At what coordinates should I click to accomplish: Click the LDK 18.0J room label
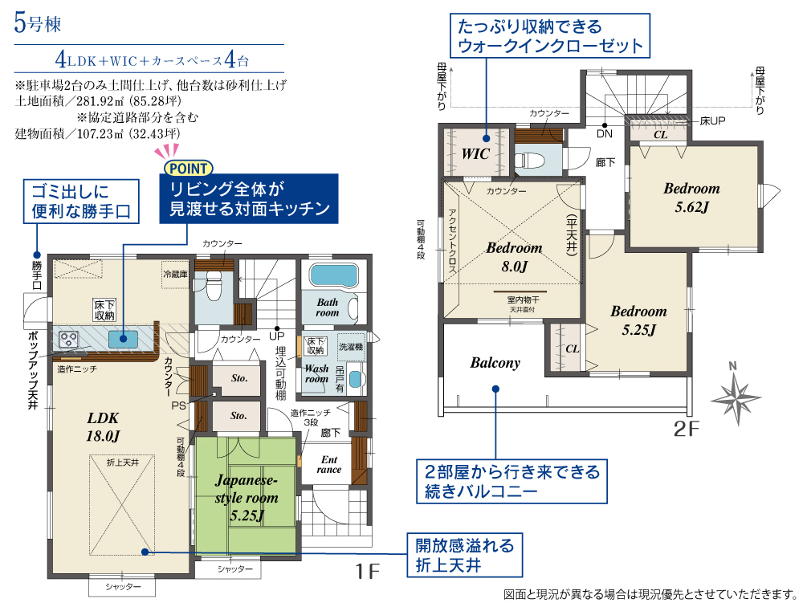103,426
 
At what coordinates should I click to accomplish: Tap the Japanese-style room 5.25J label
247,497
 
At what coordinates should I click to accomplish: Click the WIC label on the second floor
475,153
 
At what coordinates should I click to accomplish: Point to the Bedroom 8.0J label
514,257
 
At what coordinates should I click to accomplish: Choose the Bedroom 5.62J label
691,197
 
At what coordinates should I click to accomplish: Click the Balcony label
495,363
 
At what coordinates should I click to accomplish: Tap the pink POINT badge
189,168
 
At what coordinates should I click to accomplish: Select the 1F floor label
367,571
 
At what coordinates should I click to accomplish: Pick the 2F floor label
686,429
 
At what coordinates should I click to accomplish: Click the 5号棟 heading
38,23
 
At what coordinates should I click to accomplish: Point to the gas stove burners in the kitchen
69,339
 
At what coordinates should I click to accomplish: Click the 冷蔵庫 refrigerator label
175,275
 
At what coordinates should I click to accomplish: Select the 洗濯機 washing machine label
351,347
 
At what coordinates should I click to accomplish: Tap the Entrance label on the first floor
328,464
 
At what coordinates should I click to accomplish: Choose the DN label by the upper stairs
605,133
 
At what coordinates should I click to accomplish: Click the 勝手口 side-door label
37,275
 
